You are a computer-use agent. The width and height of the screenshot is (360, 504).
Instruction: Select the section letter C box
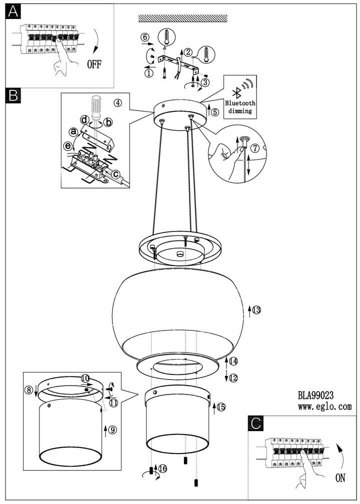(255, 423)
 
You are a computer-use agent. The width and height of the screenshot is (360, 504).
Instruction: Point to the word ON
(340, 478)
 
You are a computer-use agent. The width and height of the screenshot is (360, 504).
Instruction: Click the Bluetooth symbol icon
(233, 92)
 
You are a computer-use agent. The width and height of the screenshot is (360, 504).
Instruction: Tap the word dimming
(240, 111)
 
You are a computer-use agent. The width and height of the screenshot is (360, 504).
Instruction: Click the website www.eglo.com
(325, 407)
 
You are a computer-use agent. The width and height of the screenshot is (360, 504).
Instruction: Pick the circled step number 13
(256, 310)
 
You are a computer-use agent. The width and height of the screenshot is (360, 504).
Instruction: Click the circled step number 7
(254, 148)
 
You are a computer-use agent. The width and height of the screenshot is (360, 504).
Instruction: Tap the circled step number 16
(162, 468)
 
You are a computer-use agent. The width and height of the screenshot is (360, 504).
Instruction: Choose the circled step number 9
(112, 429)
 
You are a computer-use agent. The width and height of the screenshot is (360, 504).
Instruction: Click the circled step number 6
(144, 37)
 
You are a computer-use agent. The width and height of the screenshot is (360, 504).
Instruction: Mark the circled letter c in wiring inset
(115, 174)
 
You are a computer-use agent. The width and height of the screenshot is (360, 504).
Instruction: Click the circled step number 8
(29, 388)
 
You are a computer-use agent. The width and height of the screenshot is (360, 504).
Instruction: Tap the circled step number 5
(215, 112)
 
